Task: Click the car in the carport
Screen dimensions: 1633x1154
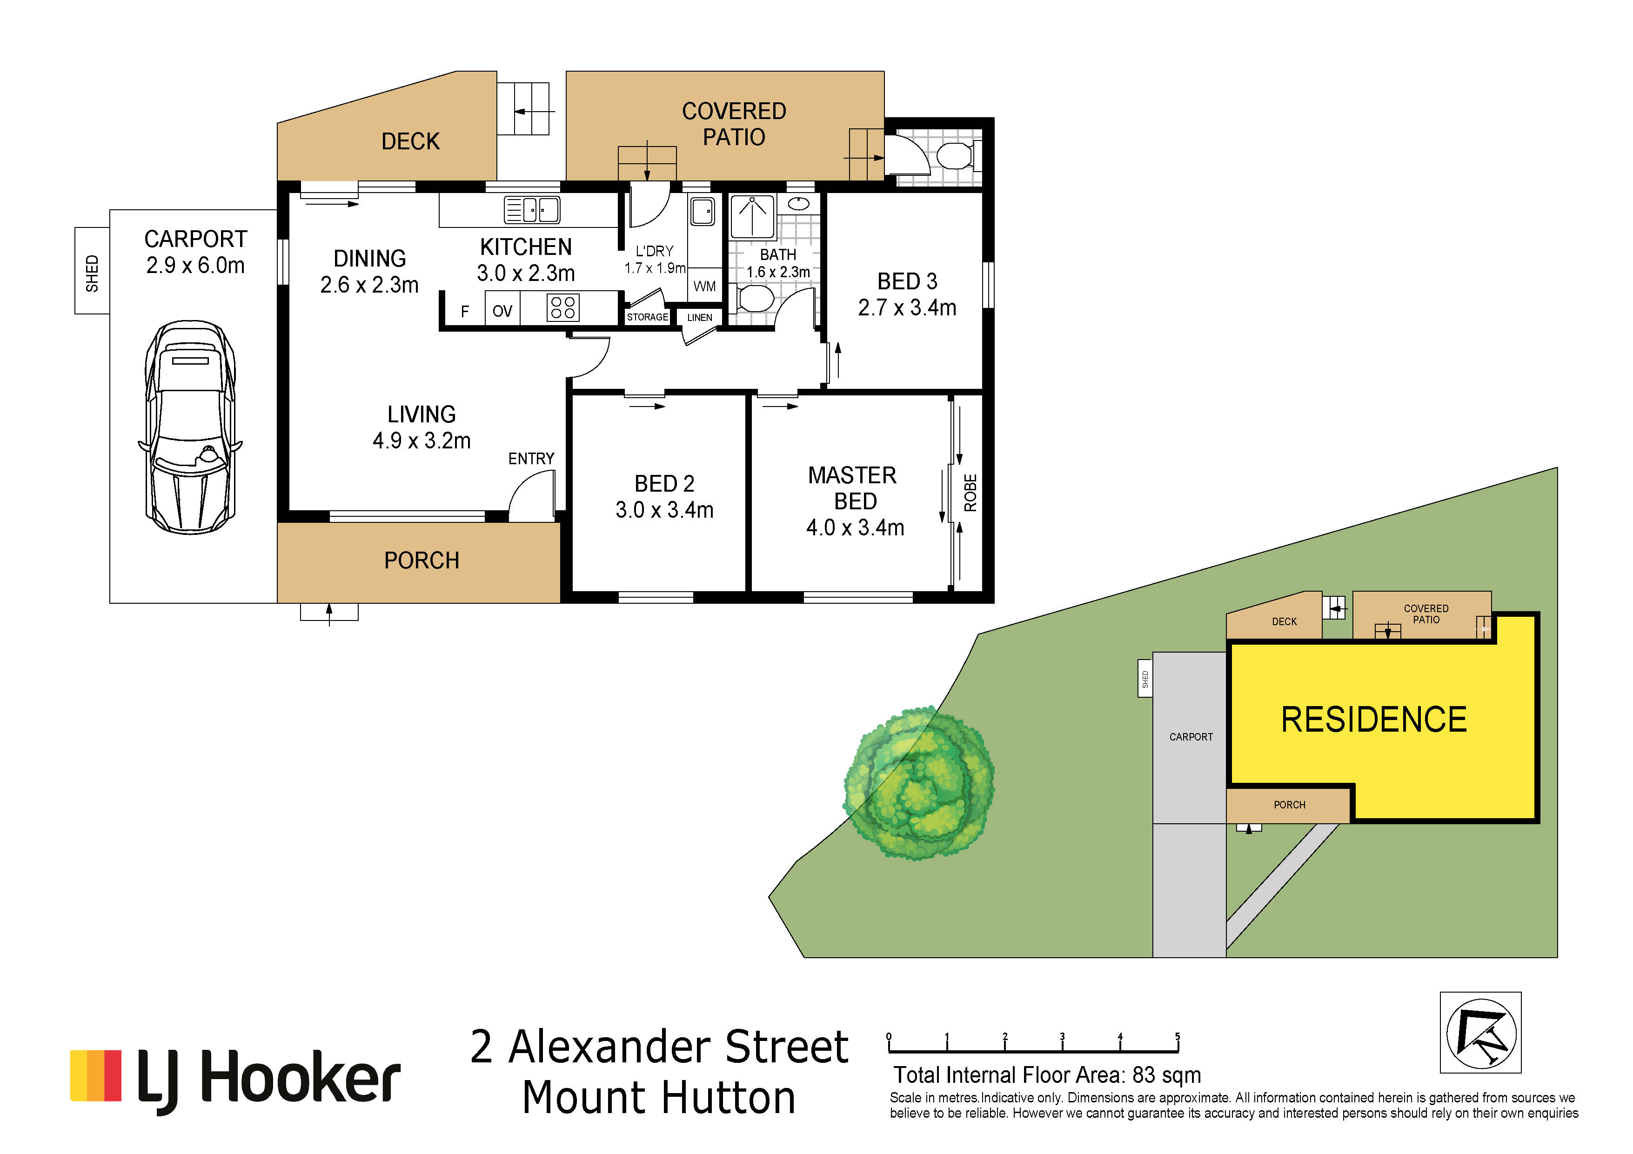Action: [190, 427]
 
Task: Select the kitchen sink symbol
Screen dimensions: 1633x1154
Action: [532, 210]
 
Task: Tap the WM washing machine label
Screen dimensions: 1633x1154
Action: [704, 287]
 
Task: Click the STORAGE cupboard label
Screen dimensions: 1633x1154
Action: [647, 317]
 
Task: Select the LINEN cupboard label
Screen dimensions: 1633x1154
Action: [700, 318]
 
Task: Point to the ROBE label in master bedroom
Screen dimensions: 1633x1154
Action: [970, 493]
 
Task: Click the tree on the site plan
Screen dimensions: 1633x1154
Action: [918, 783]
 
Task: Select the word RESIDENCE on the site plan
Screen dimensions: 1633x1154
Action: [1373, 720]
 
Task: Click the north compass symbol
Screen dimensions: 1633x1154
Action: [1481, 1033]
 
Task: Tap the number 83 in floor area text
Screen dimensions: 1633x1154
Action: [1144, 1075]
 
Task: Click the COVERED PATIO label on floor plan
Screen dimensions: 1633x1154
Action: [734, 124]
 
